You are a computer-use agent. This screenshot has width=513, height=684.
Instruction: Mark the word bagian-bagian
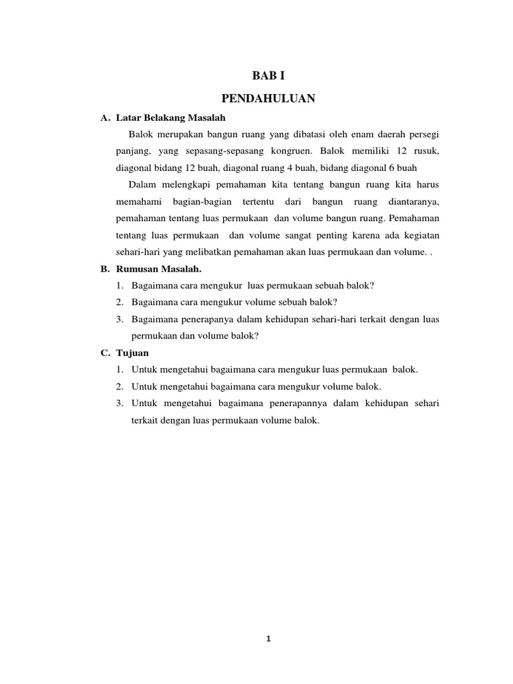tap(198, 201)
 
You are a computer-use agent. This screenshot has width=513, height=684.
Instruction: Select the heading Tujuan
tap(131, 353)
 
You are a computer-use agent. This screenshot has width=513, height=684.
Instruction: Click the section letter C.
tap(104, 353)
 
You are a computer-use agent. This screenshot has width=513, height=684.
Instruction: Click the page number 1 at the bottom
tap(268, 639)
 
